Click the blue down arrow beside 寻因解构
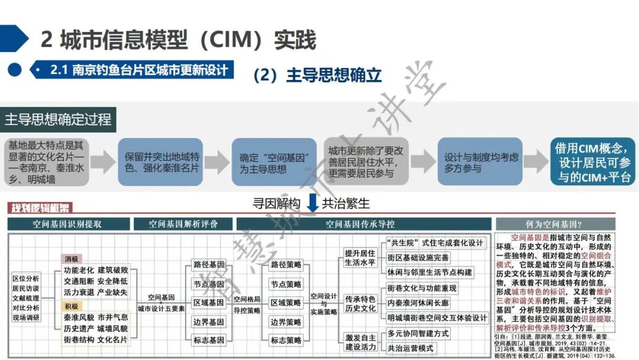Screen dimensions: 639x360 pos(313,203)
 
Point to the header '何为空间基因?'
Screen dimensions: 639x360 pos(553,224)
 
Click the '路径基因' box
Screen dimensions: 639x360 pos(208,264)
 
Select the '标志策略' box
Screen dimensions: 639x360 pos(286,340)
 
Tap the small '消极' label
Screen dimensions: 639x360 pos(72,259)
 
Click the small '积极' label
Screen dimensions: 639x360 pos(72,306)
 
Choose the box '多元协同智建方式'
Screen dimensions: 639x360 pos(418,333)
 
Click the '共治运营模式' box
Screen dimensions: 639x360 pos(411,348)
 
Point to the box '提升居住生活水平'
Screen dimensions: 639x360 pos(360,258)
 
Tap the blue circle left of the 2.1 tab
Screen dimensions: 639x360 pos(15,70)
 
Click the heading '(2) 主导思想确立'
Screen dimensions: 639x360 pos(317,75)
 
